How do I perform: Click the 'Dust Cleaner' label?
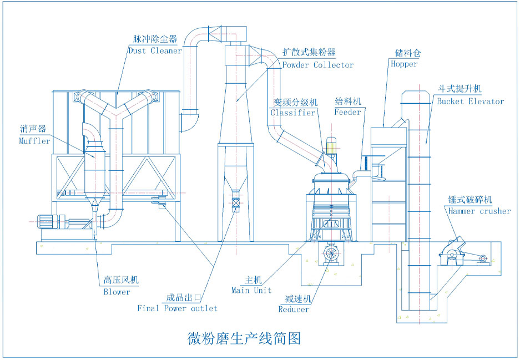(154, 50)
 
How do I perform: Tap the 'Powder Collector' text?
(317, 65)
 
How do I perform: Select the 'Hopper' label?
(403, 64)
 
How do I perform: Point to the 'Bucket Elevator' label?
(470, 102)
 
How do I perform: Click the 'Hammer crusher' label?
(479, 211)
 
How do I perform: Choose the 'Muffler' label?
(34, 141)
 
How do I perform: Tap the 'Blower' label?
(117, 292)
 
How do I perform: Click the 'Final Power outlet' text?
(177, 308)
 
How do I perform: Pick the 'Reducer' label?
(294, 310)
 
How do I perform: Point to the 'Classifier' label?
(293, 113)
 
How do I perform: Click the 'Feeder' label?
(347, 111)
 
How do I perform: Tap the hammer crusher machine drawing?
(455, 251)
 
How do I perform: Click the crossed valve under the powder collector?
(235, 203)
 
